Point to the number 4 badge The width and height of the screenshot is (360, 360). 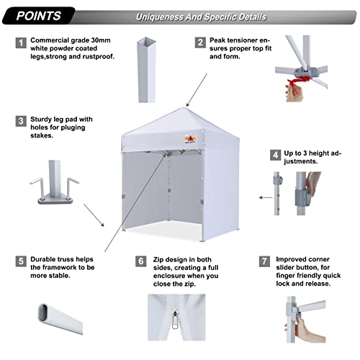[274, 154]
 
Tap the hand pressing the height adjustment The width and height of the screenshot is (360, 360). [311, 184]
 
